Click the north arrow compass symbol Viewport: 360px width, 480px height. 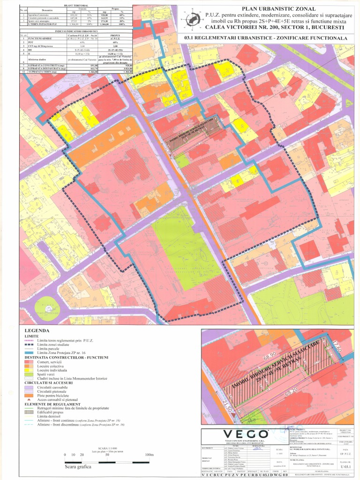(191, 19)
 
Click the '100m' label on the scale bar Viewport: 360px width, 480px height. (149, 455)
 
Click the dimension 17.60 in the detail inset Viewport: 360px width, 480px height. (337, 350)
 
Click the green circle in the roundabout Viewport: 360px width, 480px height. (47, 308)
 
